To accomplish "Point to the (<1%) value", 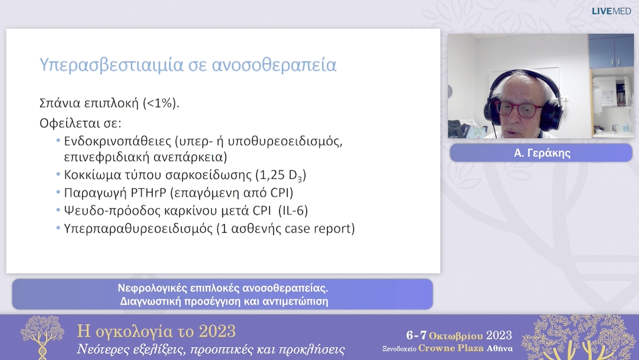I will pos(160,103).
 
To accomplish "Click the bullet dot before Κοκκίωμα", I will pos(58,175).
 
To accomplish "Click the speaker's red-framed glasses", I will pos(518,108).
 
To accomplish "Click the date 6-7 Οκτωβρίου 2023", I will pos(459,335).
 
